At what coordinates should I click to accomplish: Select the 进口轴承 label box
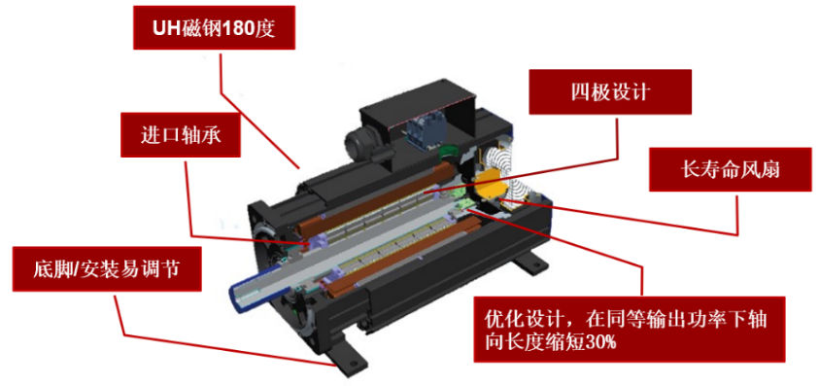(181, 134)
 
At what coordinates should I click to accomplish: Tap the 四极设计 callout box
(610, 92)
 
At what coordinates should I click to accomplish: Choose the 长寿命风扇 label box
(731, 169)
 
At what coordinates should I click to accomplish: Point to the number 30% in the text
(601, 342)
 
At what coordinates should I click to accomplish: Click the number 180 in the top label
(239, 29)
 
